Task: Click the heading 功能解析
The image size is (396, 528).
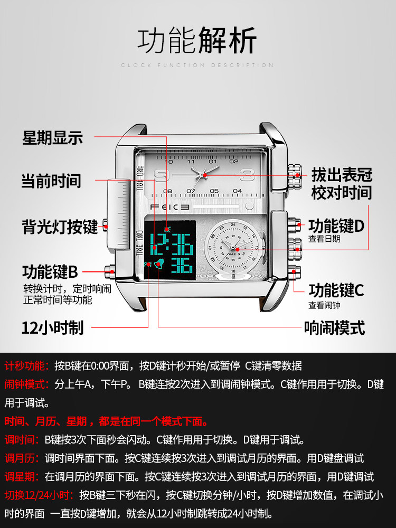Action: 197,41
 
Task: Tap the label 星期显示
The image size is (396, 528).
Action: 52,138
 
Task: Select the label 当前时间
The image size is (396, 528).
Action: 51,181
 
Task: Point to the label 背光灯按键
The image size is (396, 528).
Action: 60,227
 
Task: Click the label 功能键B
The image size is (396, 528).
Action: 50,272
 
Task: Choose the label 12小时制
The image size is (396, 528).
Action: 52,327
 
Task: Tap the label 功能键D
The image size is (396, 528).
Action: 336,226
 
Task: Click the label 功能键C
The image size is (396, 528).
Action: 336,290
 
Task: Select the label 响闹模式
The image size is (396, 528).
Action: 334,328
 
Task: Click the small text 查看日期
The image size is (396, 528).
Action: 324,239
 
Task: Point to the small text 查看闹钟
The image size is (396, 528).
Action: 324,305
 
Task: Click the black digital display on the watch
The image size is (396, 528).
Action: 170,247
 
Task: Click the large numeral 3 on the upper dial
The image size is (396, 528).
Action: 246,175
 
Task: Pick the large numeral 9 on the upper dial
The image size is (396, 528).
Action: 162,175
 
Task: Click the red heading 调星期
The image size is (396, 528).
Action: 22,476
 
